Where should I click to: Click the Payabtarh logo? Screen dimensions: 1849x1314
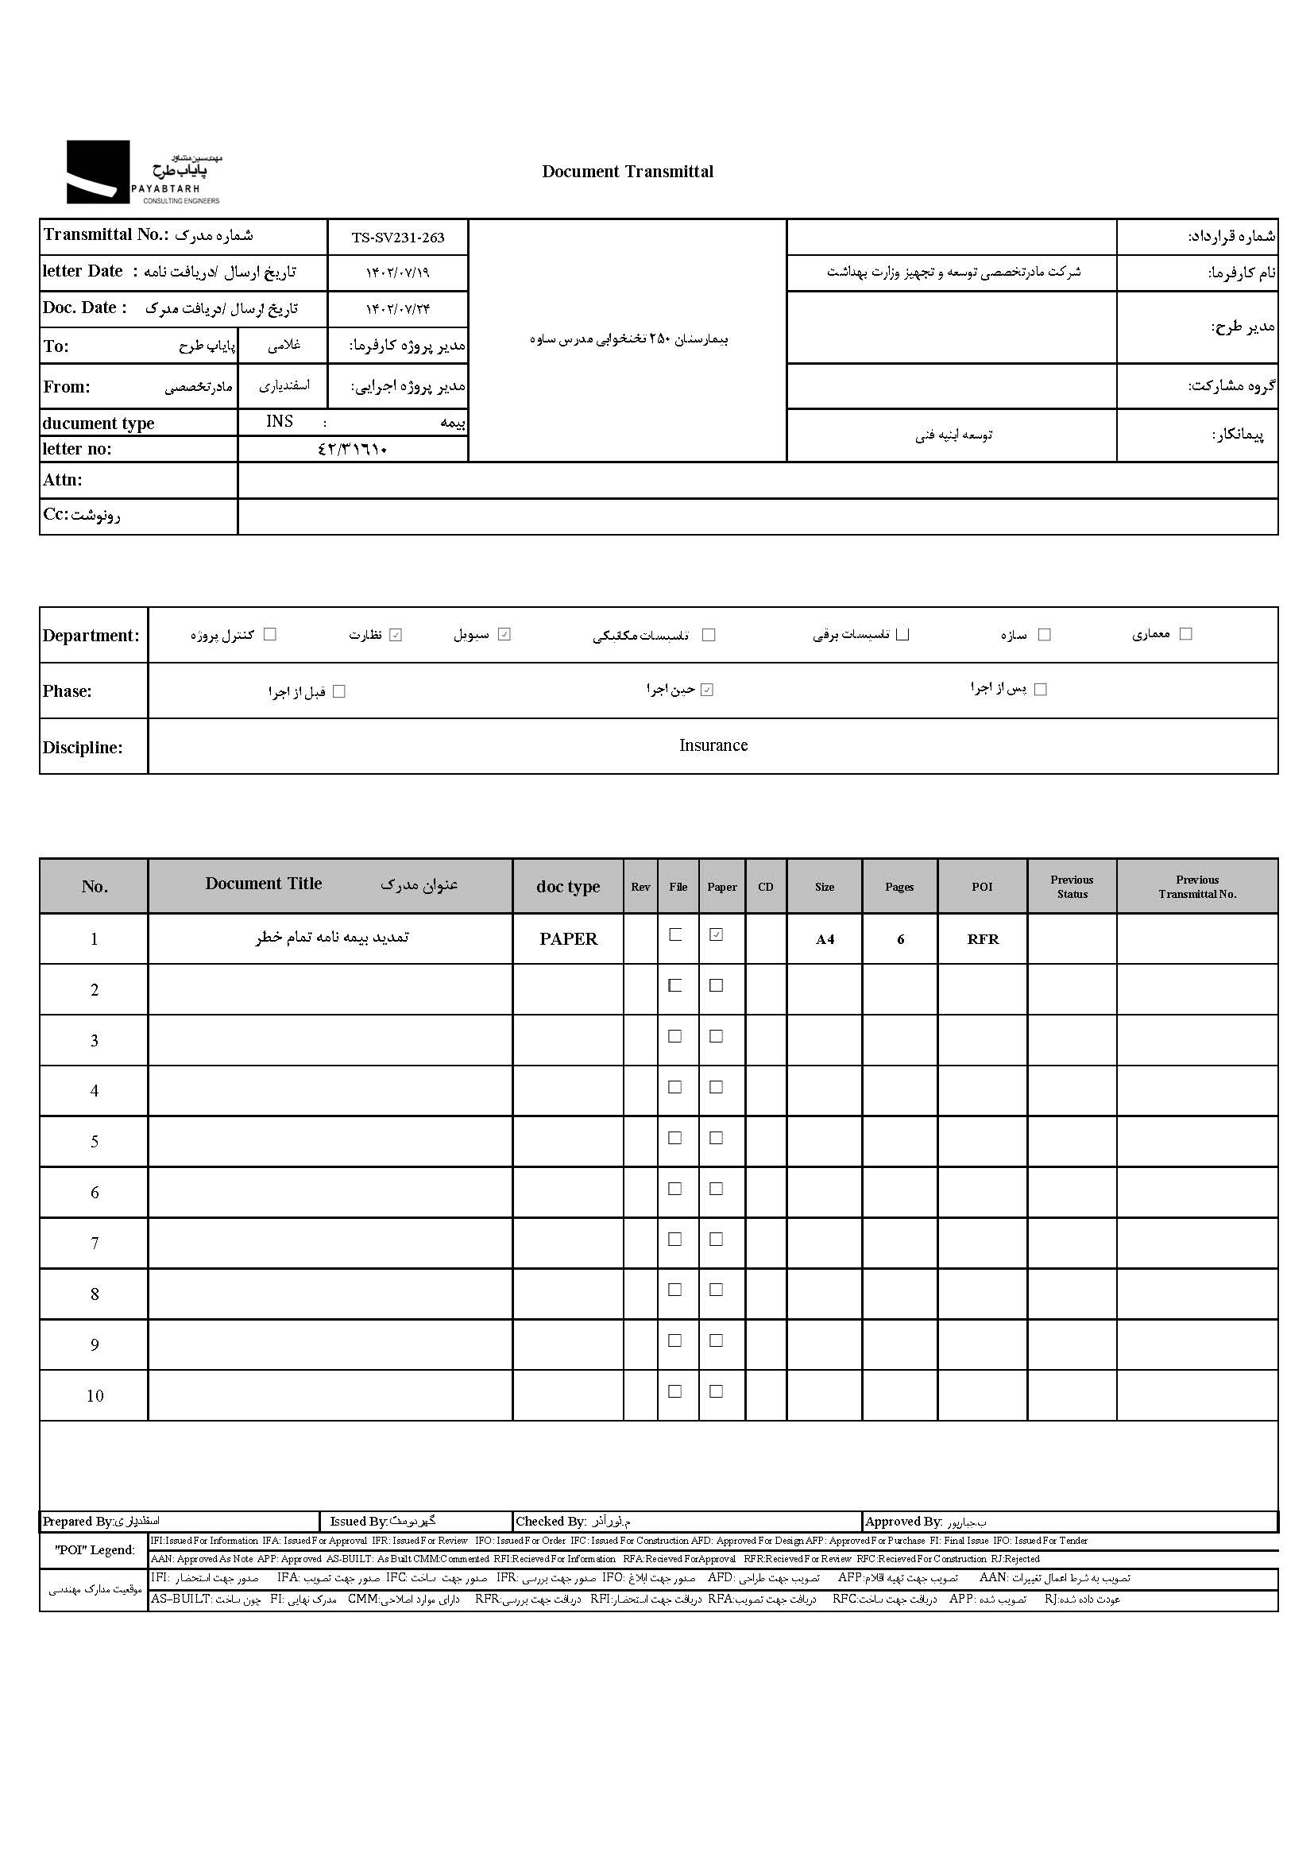click(x=142, y=172)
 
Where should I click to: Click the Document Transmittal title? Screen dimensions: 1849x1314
click(x=627, y=172)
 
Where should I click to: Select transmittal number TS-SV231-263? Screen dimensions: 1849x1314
click(x=397, y=238)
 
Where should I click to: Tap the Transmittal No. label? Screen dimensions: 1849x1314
click(x=106, y=234)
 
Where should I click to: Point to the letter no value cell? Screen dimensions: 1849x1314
click(x=353, y=449)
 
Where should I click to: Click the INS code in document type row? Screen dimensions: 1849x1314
click(x=279, y=422)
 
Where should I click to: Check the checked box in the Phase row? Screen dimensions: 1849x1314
click(x=707, y=690)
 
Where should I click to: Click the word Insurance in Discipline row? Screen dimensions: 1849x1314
click(x=713, y=745)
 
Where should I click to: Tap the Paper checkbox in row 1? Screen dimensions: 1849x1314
click(x=716, y=934)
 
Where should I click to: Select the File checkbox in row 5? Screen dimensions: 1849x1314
click(x=674, y=1138)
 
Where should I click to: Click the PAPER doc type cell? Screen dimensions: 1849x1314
click(x=568, y=938)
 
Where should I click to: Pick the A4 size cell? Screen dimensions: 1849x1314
click(x=825, y=939)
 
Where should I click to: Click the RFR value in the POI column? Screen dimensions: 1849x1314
click(x=982, y=939)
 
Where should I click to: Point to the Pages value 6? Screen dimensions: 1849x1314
click(x=900, y=939)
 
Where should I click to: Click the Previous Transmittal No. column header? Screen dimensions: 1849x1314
click(x=1196, y=887)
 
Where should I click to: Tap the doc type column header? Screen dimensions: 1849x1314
click(x=568, y=887)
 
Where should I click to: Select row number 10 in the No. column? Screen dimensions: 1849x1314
click(x=95, y=1396)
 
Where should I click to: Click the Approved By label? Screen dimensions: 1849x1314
click(x=903, y=1522)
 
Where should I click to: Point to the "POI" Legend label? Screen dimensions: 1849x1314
click(x=95, y=1550)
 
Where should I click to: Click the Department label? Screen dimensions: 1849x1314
click(x=91, y=635)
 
